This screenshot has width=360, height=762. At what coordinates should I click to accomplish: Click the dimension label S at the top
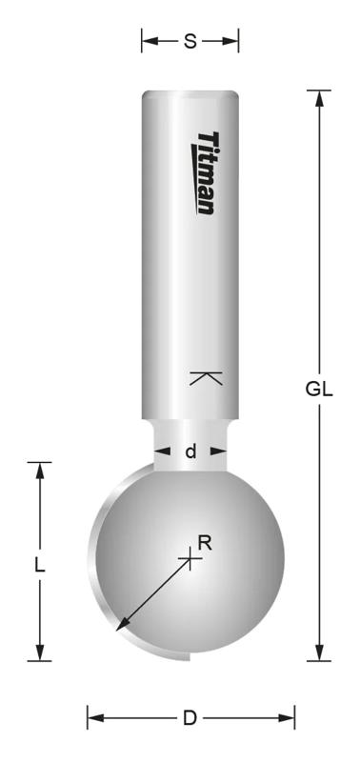(190, 41)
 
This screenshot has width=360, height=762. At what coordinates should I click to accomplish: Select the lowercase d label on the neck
(190, 451)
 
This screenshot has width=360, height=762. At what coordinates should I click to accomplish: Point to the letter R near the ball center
(204, 543)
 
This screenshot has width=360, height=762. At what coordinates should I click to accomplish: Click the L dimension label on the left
(39, 564)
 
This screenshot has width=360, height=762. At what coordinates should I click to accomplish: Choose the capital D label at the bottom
(190, 717)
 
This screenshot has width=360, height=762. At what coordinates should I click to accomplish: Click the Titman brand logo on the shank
(206, 172)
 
